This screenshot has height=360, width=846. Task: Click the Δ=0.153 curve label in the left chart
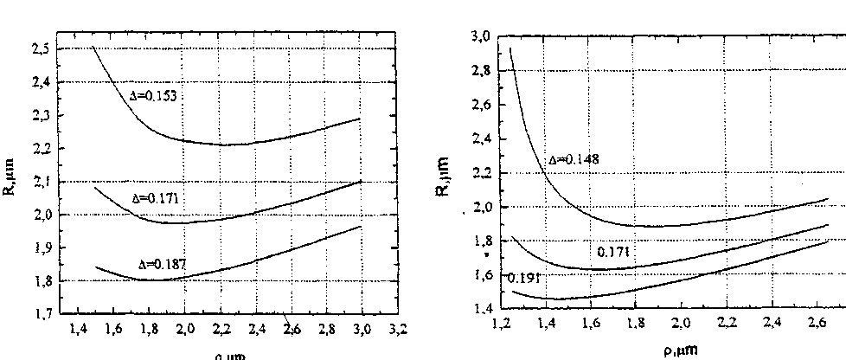(x=154, y=97)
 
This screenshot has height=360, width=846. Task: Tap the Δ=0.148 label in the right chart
(x=574, y=160)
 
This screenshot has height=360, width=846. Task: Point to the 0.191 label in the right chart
(x=522, y=278)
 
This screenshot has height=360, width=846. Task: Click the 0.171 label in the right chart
(x=613, y=252)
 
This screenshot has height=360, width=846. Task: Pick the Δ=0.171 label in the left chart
(x=153, y=199)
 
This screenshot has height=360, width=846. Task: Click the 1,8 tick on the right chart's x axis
(x=635, y=325)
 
